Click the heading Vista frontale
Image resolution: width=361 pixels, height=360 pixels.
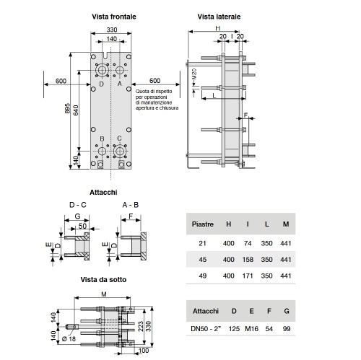114,17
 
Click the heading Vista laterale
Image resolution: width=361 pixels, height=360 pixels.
219,17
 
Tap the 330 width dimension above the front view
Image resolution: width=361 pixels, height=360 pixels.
112,30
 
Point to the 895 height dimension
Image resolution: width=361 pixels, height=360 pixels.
68,108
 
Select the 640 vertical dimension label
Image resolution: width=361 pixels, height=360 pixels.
76,110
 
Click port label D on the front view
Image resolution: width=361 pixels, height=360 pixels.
102,84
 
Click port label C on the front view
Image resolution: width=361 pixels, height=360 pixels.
119,139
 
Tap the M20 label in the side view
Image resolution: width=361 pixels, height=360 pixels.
194,74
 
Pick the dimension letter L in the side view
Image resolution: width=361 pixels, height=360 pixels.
214,96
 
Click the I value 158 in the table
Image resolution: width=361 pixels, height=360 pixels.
248,260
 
